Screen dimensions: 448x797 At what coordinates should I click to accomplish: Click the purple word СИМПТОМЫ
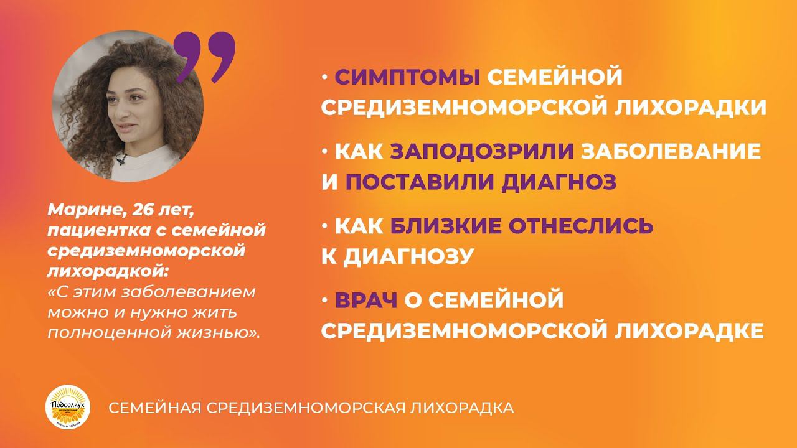tap(407, 78)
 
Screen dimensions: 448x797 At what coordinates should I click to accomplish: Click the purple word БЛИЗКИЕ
tap(446, 226)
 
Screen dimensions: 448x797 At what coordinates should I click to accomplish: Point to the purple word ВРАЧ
tap(366, 301)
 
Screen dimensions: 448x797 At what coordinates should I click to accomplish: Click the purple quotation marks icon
tap(205, 58)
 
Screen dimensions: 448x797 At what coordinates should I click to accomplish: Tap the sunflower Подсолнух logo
tap(70, 408)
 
